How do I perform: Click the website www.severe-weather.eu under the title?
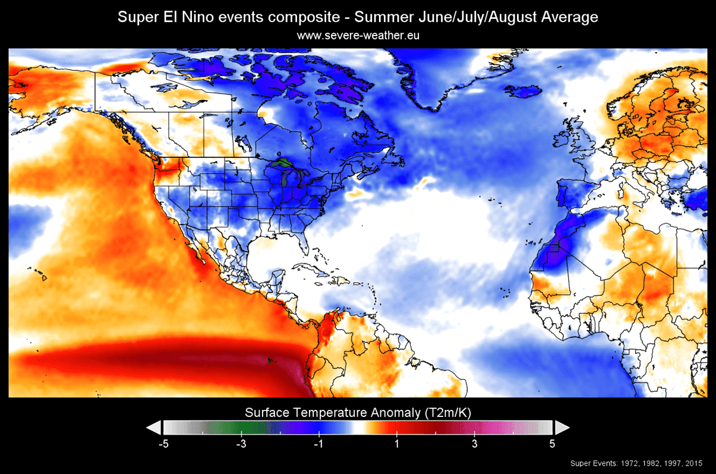[x=358, y=36]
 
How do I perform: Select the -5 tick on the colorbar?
[x=163, y=444]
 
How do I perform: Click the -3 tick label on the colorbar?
[x=241, y=444]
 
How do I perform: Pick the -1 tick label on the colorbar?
[x=319, y=444]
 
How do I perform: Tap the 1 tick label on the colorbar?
[x=397, y=444]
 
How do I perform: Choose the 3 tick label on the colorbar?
[x=474, y=444]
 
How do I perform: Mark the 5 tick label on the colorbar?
[x=552, y=444]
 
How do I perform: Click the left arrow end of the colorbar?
[x=153, y=428]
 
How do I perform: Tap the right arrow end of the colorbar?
[x=562, y=428]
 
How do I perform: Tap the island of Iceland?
[x=526, y=92]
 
